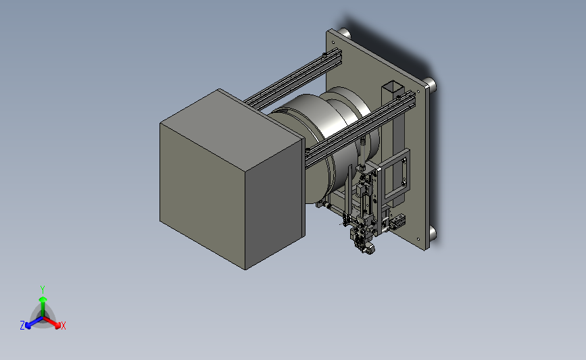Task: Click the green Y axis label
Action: pos(43,290)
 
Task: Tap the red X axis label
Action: pos(63,326)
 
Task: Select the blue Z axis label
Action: pos(22,326)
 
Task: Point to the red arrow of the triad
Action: pos(51,323)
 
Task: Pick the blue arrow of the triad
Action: pos(34,323)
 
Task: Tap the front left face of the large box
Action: pos(203,195)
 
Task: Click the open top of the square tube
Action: pos(393,87)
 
